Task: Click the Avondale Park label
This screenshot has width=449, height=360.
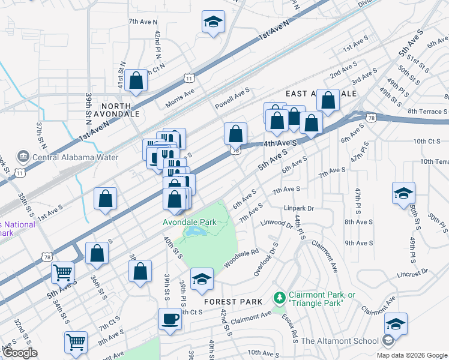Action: point(189,222)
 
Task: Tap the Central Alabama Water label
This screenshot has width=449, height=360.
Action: point(61,158)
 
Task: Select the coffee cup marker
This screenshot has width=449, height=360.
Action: point(170,319)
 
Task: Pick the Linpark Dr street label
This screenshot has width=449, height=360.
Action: point(300,209)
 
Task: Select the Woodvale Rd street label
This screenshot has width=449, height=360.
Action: point(241,259)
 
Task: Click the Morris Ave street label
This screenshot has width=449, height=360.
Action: point(180,96)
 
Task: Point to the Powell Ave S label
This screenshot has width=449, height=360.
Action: point(232,100)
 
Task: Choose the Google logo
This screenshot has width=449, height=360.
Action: point(20,353)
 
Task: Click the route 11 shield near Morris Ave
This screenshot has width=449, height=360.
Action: point(189,78)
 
